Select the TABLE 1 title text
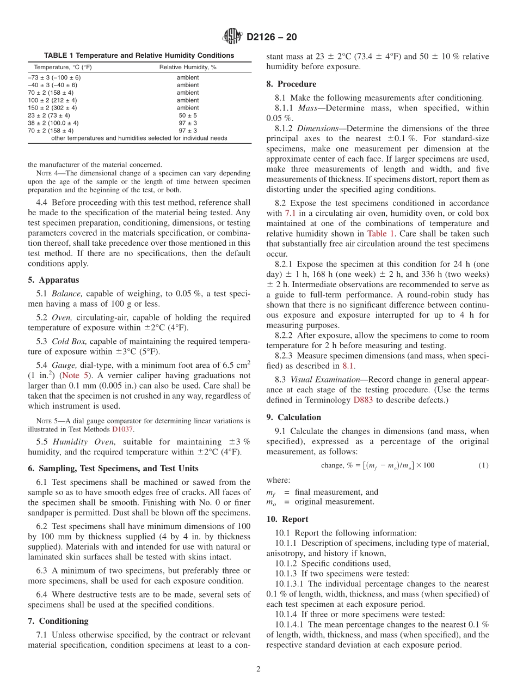[x=139, y=56]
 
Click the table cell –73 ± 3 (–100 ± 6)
[x=54, y=77]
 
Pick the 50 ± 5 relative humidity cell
[x=188, y=115]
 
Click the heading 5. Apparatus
[x=53, y=280]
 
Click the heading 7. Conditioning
[x=58, y=621]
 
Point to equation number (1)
[x=483, y=465]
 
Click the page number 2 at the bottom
[x=258, y=669]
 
